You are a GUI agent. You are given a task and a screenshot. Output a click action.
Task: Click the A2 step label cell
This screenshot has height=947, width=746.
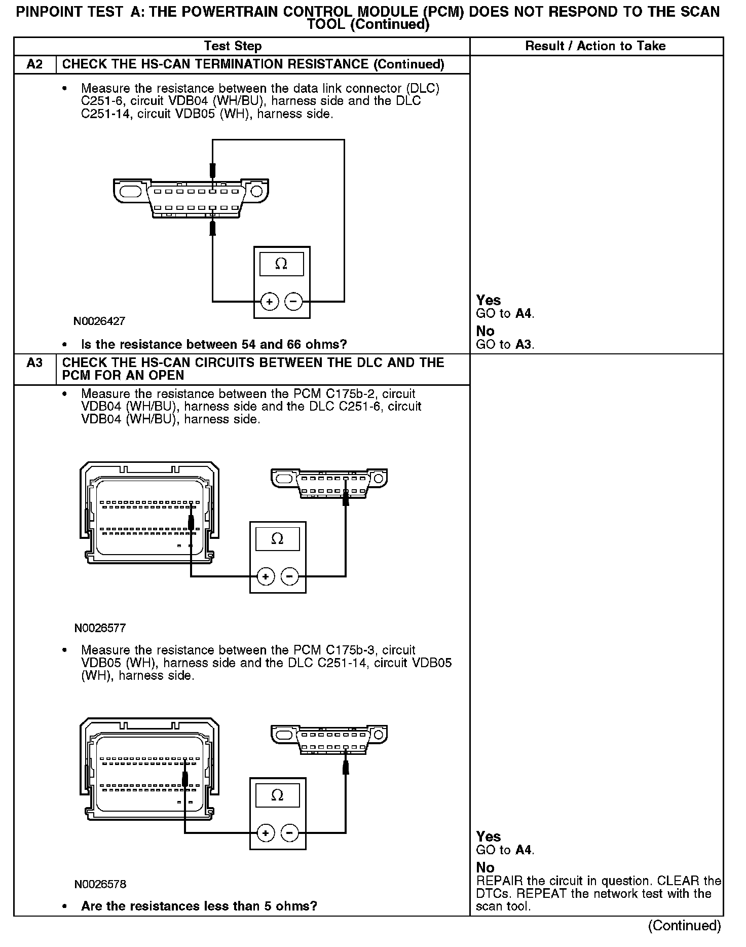[34, 64]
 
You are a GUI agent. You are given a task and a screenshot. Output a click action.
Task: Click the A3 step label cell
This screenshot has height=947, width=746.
[34, 363]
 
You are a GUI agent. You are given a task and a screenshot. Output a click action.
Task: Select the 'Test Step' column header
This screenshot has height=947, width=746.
[233, 46]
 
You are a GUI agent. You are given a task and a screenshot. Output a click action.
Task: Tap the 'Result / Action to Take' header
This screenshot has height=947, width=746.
[595, 46]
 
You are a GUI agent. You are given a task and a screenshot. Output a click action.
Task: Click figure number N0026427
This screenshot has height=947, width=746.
[99, 321]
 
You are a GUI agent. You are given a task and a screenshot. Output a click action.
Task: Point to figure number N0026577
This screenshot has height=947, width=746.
[100, 628]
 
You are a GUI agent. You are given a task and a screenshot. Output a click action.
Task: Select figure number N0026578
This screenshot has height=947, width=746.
[100, 884]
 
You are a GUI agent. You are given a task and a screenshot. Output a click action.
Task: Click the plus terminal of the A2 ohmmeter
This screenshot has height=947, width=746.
[269, 302]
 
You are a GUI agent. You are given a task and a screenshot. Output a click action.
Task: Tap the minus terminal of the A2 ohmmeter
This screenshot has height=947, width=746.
[293, 302]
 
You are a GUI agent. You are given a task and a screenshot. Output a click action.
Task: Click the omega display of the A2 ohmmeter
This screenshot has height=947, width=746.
[281, 264]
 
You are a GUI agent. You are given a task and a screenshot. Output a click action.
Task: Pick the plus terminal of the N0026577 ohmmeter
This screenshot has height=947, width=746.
[266, 576]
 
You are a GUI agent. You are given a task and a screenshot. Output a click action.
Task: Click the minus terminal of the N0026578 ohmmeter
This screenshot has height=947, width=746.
[289, 833]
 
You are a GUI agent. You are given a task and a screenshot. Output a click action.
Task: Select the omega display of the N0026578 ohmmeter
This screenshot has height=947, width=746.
[277, 795]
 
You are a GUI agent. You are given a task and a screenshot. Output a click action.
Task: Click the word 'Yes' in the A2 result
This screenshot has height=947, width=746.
[488, 301]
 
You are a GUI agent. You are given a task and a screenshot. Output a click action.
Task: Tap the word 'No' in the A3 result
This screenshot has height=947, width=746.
[485, 867]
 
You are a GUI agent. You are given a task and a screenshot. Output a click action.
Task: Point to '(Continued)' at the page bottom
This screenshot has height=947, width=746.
[684, 925]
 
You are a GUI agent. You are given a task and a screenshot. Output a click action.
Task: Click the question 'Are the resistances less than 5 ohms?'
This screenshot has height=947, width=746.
[199, 906]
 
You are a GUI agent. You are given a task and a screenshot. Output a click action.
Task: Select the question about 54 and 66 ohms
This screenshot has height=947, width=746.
[214, 345]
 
